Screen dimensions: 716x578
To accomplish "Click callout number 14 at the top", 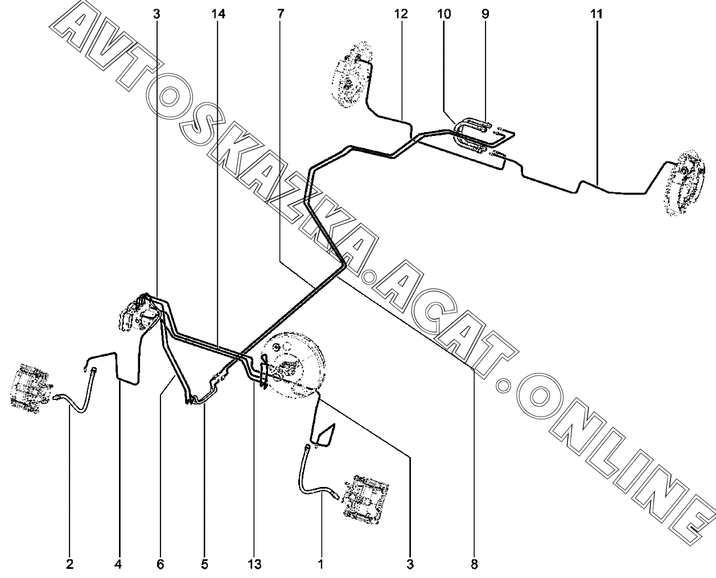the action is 218,14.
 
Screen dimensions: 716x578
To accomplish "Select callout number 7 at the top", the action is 281,14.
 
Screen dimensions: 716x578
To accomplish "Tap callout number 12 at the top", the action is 401,14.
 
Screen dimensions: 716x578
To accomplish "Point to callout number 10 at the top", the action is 444,14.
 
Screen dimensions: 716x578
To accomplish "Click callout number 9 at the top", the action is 485,14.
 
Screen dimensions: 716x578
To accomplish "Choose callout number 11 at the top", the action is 596,14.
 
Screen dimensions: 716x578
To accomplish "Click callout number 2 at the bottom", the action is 69,564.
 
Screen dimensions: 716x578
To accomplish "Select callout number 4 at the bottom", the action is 118,564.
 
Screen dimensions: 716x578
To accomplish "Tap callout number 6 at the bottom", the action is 161,564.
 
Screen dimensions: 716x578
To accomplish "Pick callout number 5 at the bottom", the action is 205,564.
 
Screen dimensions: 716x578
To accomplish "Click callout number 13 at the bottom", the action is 254,564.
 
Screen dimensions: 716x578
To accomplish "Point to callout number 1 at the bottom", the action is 320,564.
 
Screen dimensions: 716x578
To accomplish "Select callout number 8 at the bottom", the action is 474,564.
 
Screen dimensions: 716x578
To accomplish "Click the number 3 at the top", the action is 157,14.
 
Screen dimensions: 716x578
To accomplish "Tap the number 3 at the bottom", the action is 410,564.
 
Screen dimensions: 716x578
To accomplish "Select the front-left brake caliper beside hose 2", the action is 30,389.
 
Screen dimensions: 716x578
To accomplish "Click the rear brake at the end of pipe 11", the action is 686,183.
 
